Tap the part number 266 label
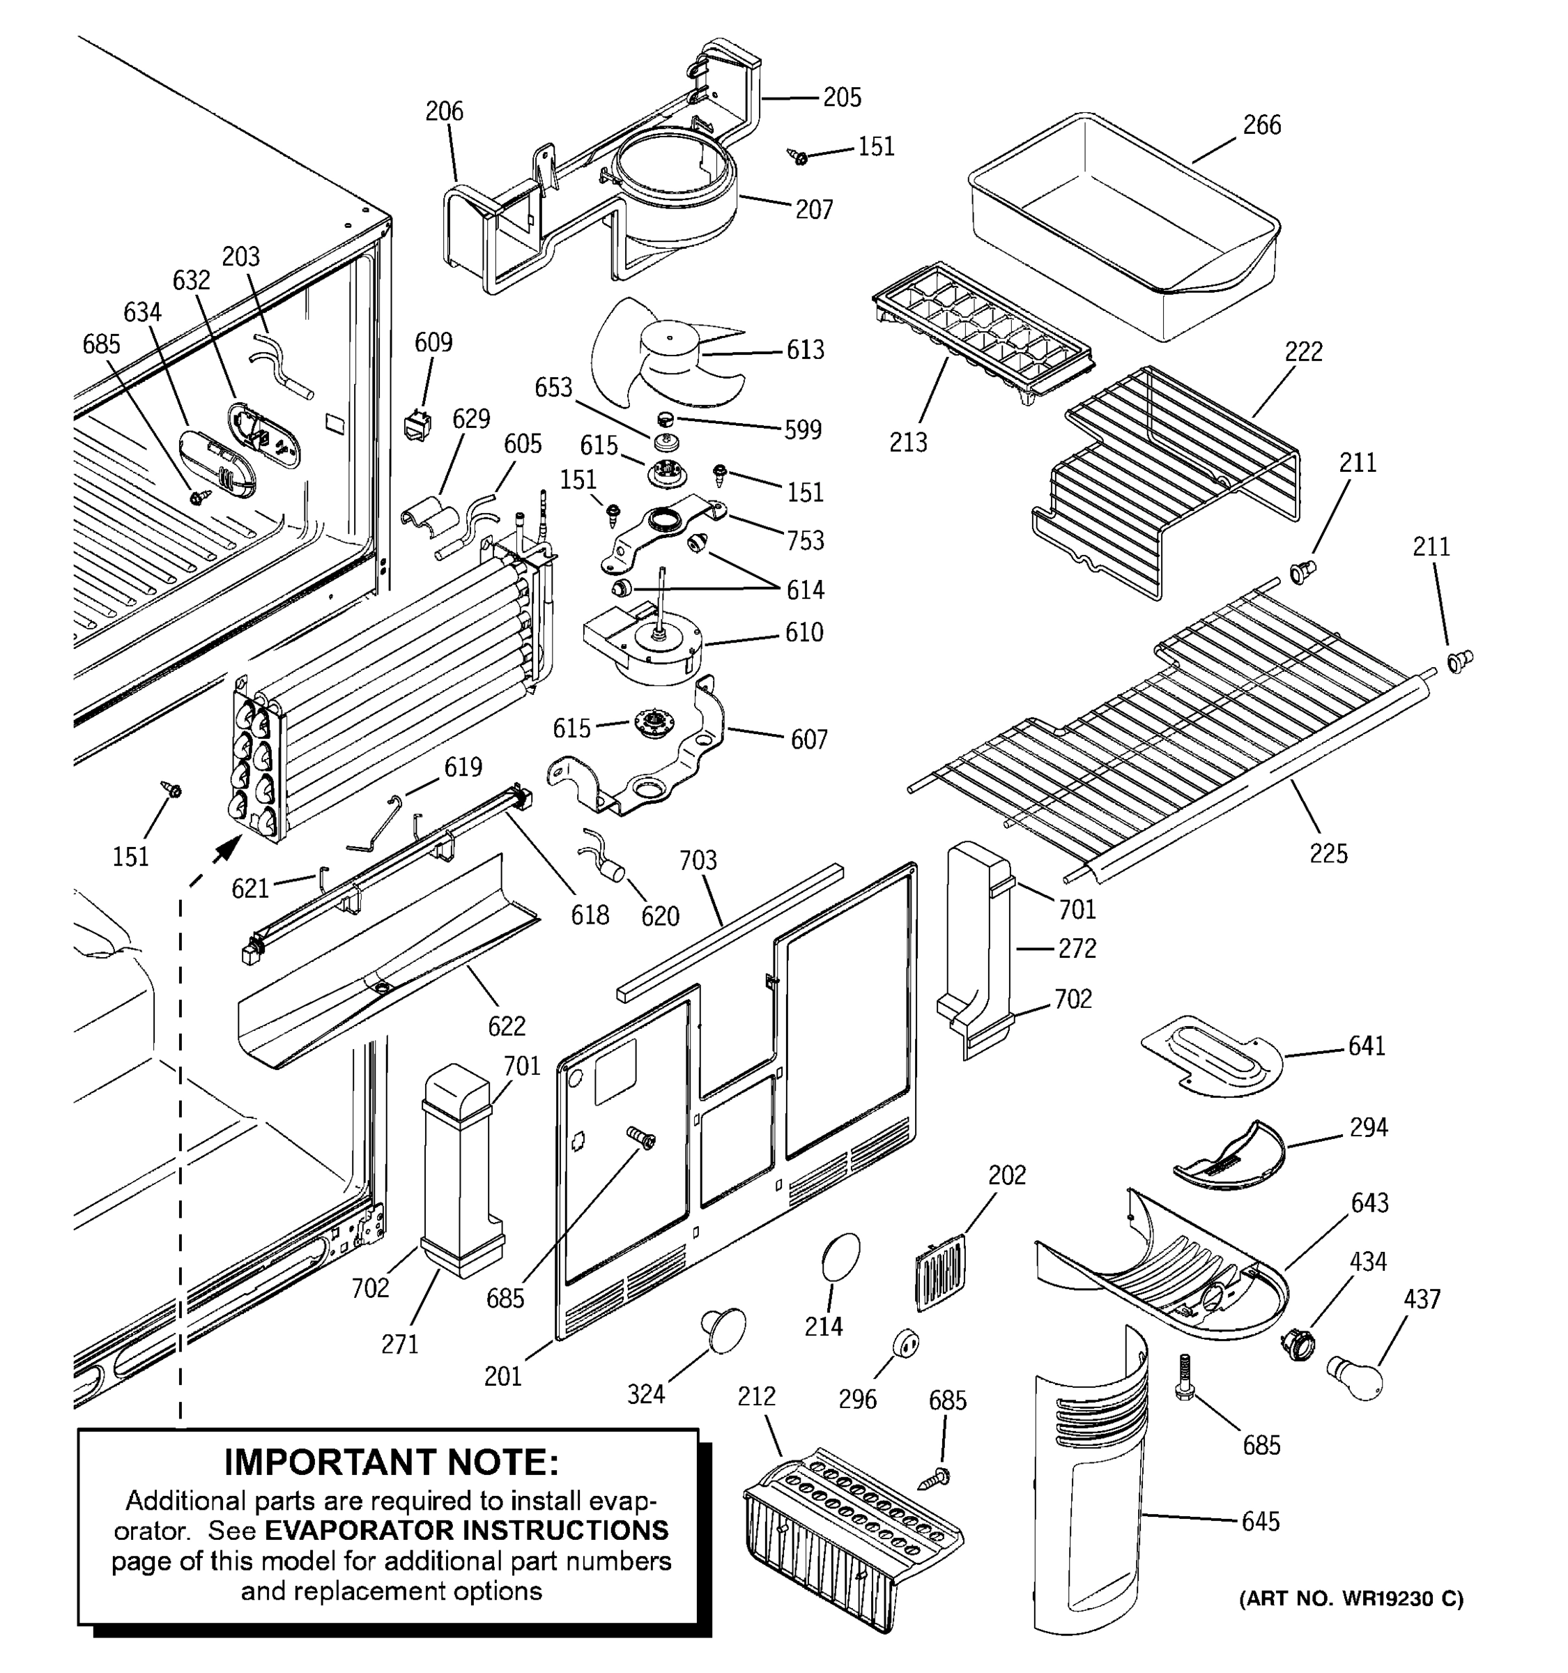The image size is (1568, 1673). [1262, 125]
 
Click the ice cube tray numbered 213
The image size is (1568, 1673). [980, 337]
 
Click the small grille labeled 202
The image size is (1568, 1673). [939, 1274]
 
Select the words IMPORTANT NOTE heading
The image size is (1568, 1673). [391, 1462]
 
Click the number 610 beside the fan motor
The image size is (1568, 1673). [804, 633]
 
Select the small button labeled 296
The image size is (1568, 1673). [906, 1343]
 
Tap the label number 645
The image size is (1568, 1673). [1260, 1522]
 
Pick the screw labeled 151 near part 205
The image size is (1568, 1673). [797, 157]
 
